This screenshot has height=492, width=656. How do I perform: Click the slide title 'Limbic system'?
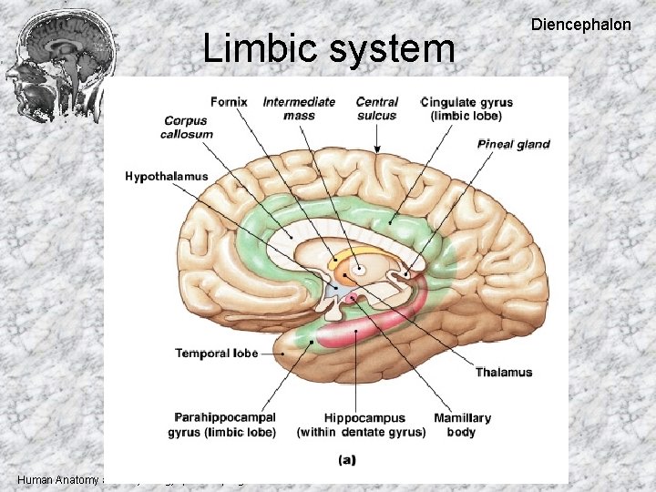tap(328, 48)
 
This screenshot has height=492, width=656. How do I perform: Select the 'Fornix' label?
tap(229, 101)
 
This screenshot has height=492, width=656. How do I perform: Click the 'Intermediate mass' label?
tap(299, 108)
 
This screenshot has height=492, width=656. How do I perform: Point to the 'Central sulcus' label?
tap(376, 108)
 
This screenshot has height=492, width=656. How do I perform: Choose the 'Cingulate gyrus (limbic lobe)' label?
tap(467, 108)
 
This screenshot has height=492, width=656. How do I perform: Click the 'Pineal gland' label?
tap(513, 144)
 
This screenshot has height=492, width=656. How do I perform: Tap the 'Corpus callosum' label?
tap(189, 128)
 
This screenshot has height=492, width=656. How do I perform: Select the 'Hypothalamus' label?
tap(167, 176)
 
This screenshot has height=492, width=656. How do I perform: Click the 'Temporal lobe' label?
tap(216, 353)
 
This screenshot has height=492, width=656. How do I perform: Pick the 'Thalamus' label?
tap(503, 372)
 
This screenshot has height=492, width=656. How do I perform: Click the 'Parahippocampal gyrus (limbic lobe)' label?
tap(221, 425)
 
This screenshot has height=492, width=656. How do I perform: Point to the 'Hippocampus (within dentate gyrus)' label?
tap(361, 425)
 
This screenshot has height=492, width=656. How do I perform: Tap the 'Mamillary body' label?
tap(462, 425)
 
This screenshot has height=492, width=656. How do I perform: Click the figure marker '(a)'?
tap(346, 460)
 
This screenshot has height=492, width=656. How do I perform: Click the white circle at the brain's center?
tap(358, 270)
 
